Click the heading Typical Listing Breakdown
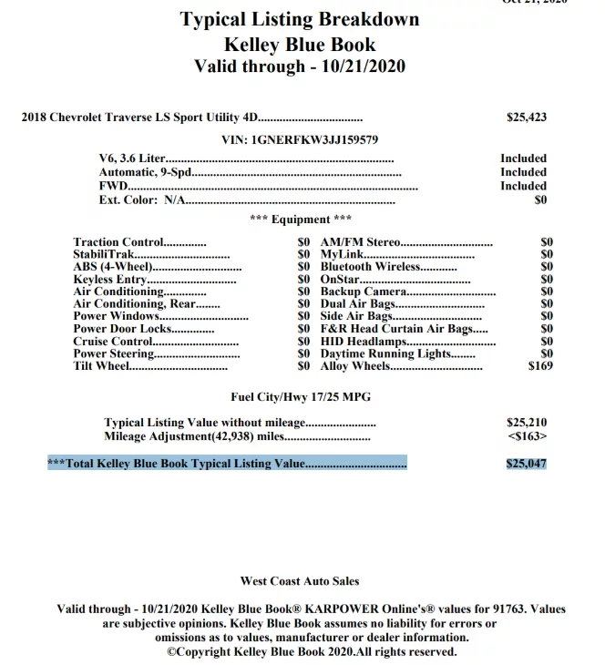click(300, 19)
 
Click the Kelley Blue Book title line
click(300, 44)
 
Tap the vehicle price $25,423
click(527, 118)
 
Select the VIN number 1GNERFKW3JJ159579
click(300, 140)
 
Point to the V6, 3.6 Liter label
click(132, 159)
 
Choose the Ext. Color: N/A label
click(140, 199)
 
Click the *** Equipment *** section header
click(300, 220)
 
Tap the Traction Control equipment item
click(118, 243)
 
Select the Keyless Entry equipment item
click(110, 280)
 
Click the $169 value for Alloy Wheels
click(540, 366)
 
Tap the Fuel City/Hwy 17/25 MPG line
click(300, 397)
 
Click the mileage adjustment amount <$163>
click(527, 436)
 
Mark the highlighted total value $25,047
click(527, 464)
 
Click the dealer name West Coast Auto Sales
click(300, 581)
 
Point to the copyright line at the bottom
click(311, 652)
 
